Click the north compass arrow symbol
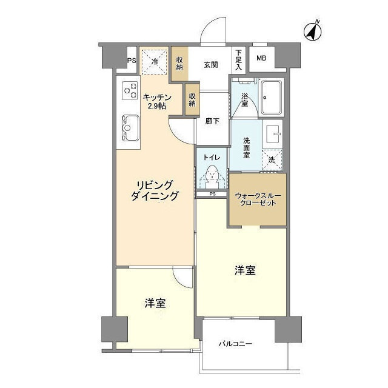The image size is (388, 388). coord(313,32)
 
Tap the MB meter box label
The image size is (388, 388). coord(261,58)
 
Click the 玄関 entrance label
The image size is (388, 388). coord(211,65)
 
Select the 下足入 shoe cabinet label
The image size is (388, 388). coord(238,59)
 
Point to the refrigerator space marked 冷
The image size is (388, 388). coord(155,61)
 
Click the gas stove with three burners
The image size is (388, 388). coord(130,90)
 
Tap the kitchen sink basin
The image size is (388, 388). coord(130,128)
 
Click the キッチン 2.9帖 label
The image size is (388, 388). coord(157,102)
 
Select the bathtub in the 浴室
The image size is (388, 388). coord(272,98)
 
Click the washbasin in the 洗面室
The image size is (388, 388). coord(273,133)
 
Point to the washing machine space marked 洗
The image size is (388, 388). coord(272,160)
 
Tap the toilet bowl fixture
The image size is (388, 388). coord(212,177)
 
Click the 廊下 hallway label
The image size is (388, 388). coord(212,121)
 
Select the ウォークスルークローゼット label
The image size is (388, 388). coord(258,199)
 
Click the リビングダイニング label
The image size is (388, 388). coord(155,190)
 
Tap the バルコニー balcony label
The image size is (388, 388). coord(235,344)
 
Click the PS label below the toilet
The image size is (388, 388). coord(212,194)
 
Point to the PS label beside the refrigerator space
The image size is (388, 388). coord(132,61)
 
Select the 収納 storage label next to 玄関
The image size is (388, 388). coord(179,64)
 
